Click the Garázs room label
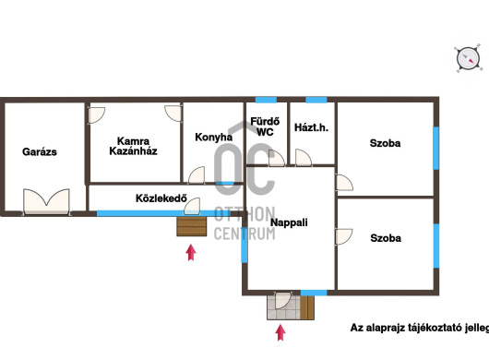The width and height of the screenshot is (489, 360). click(40, 152)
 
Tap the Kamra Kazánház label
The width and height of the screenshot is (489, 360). click(133, 146)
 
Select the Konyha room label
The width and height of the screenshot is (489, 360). click(214, 138)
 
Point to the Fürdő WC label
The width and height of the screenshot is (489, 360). click(265, 126)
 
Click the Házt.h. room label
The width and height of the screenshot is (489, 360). click(311, 127)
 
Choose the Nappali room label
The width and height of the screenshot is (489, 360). click(289, 222)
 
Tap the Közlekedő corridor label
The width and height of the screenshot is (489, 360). click(161, 198)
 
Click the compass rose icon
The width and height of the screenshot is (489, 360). click(468, 59)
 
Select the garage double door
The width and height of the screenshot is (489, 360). click(46, 201)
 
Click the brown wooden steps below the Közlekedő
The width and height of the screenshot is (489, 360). click(192, 226)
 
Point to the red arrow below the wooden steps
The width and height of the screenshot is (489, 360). click(191, 252)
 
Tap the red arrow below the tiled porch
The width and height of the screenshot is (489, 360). click(280, 332)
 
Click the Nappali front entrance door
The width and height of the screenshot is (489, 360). click(283, 300)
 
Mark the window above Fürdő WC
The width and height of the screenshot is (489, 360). click(266, 100)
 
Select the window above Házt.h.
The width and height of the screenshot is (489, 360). click(316, 100)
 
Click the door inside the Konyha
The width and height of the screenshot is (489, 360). click(197, 175)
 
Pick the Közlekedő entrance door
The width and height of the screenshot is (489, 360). click(192, 207)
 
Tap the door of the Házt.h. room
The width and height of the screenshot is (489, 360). click(304, 158)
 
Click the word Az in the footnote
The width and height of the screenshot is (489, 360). click(356, 328)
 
